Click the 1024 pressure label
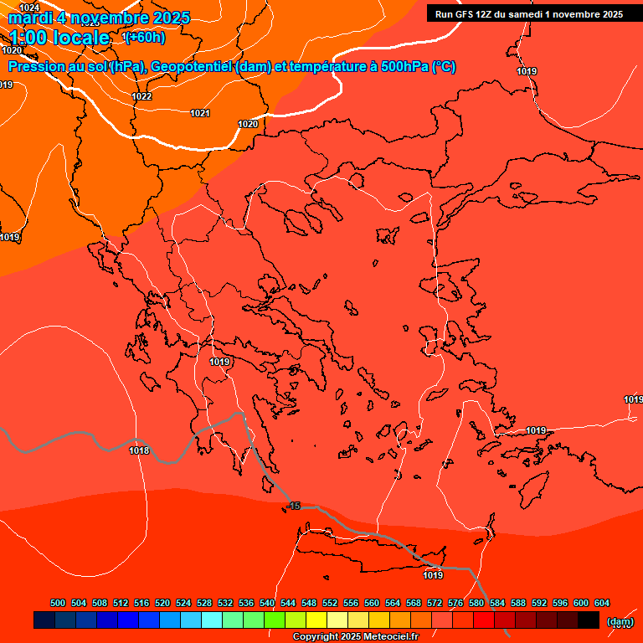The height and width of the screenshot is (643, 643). [x=29, y=8]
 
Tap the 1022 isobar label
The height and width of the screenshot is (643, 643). [x=141, y=97]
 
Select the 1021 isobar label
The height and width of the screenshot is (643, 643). [x=200, y=113]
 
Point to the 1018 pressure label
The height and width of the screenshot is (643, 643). [x=139, y=451]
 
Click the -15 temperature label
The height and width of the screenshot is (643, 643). [x=293, y=507]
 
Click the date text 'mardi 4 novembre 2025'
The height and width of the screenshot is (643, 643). [x=99, y=18]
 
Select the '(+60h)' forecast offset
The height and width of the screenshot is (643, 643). [x=144, y=38]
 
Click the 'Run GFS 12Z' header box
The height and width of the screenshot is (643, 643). [x=528, y=14]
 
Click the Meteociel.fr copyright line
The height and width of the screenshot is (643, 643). [x=355, y=636]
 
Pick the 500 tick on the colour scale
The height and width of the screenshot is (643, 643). [x=58, y=603]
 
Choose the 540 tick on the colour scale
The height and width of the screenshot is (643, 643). [x=267, y=603]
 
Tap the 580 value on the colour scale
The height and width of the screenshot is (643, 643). [x=476, y=603]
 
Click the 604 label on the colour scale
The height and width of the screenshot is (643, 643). [x=601, y=603]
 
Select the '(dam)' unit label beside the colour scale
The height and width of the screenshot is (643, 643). [x=620, y=621]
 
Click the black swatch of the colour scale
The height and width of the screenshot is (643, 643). [x=588, y=620]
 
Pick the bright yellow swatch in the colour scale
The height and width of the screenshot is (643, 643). [x=316, y=620]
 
